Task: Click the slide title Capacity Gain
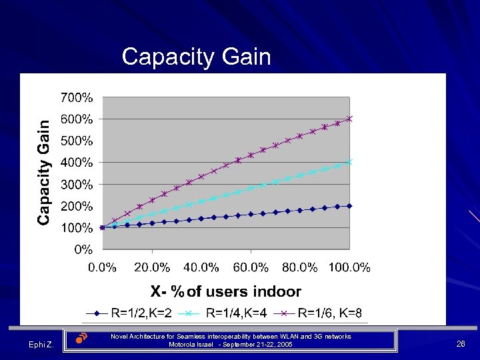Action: pos(196,57)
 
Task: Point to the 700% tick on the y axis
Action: pos(77,98)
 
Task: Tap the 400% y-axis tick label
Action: pos(77,163)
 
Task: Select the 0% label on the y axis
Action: pos(83,250)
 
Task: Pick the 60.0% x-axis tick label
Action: pos(251,268)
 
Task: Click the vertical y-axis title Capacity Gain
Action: pos(43,172)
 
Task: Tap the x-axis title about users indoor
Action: pos(225,291)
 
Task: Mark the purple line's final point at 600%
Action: pos(349,119)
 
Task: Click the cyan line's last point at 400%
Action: pos(349,162)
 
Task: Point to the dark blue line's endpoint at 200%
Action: pos(349,206)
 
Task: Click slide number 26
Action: pos(460,344)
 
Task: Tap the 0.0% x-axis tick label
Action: pos(103,268)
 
